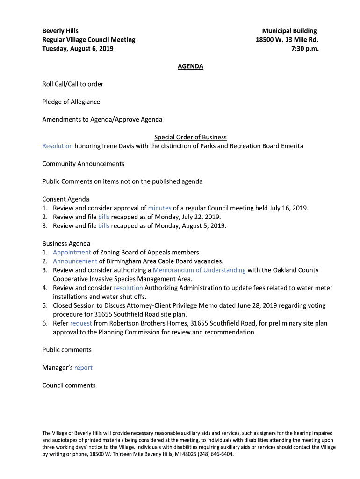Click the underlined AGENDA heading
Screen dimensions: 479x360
190,66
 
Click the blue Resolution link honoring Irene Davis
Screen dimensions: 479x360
58,146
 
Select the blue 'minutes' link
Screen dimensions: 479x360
159,208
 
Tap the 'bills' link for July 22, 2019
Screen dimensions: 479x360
104,217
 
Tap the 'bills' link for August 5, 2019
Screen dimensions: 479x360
104,226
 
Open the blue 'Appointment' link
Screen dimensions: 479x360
72,253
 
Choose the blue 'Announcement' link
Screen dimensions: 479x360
75,261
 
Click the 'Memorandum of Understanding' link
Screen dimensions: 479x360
199,270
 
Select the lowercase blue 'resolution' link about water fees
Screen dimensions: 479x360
128,288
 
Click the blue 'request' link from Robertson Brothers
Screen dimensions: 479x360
81,323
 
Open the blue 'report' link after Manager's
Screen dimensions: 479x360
83,368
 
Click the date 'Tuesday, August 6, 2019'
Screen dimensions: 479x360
78,49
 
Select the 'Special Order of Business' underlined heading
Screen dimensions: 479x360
190,137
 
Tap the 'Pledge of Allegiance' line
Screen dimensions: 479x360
71,102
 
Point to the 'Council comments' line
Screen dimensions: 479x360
69,385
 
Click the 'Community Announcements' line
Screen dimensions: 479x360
83,164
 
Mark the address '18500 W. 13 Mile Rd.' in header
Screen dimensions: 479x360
287,40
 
